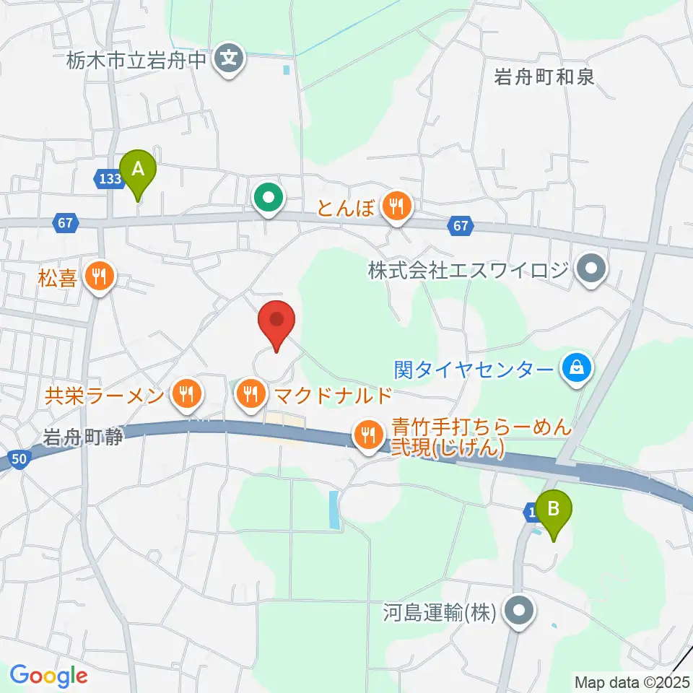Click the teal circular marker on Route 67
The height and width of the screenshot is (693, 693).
(x=269, y=197)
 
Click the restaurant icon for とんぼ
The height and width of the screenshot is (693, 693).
(x=396, y=207)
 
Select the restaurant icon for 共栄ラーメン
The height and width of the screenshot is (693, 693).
(x=187, y=393)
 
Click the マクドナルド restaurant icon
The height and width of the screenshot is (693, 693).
(x=250, y=394)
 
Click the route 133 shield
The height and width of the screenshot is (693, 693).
(x=108, y=178)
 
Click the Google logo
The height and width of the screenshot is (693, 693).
(x=48, y=676)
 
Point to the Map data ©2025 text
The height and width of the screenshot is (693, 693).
(x=631, y=681)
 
